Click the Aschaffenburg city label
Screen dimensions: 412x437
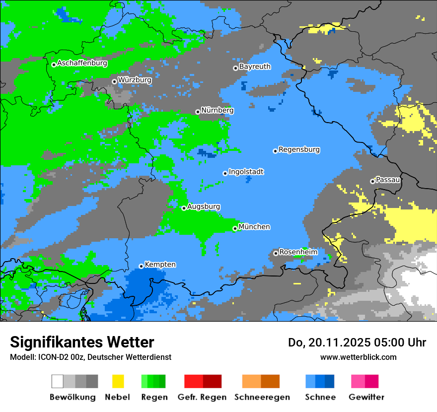point(82,63)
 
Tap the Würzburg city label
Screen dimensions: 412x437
point(135,79)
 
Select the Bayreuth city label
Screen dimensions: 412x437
point(255,67)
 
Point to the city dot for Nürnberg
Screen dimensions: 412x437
point(198,112)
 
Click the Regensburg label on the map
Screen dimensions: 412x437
point(299,149)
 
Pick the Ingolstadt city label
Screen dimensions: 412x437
point(246,172)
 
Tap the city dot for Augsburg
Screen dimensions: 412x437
point(184,208)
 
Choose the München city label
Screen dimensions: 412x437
point(254,227)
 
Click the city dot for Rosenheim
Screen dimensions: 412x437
point(276,254)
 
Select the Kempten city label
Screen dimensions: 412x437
point(160,265)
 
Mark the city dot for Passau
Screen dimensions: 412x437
point(372,181)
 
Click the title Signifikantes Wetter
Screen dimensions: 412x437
point(82,343)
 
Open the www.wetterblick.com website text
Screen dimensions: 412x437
point(358,357)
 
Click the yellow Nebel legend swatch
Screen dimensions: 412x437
point(118,381)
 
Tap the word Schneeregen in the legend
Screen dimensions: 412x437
point(262,397)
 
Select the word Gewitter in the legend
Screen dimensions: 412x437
point(366,397)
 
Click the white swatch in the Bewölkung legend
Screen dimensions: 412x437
point(57,381)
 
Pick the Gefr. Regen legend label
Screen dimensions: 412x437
point(202,397)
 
